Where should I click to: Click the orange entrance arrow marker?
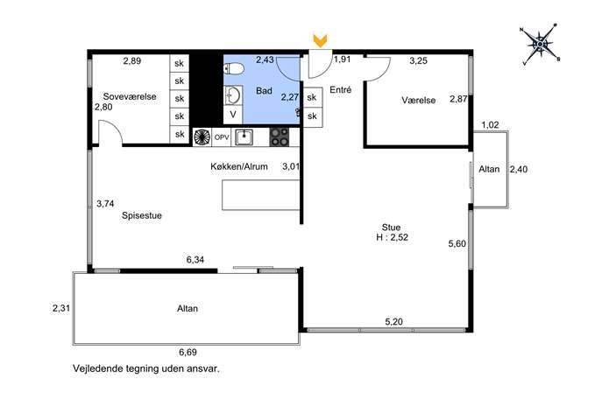[x=320, y=40]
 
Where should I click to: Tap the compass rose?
[x=540, y=45]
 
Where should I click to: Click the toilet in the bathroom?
[x=234, y=69]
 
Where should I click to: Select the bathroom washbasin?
[x=233, y=95]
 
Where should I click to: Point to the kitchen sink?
[x=244, y=137]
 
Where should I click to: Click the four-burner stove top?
[x=280, y=137]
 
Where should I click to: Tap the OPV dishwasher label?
[x=222, y=137]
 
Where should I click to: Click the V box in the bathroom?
[x=233, y=115]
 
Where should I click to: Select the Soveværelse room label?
[x=130, y=96]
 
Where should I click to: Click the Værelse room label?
[x=419, y=100]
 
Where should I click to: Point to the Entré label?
[x=341, y=90]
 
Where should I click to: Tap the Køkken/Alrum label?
[x=239, y=166]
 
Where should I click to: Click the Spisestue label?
[x=142, y=215]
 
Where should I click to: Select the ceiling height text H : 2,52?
[x=392, y=237]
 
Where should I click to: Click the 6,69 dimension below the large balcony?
[x=188, y=352]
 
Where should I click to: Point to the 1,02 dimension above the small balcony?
[x=491, y=125]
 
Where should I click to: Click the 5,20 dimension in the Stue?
[x=394, y=321]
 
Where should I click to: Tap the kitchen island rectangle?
[x=260, y=195]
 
